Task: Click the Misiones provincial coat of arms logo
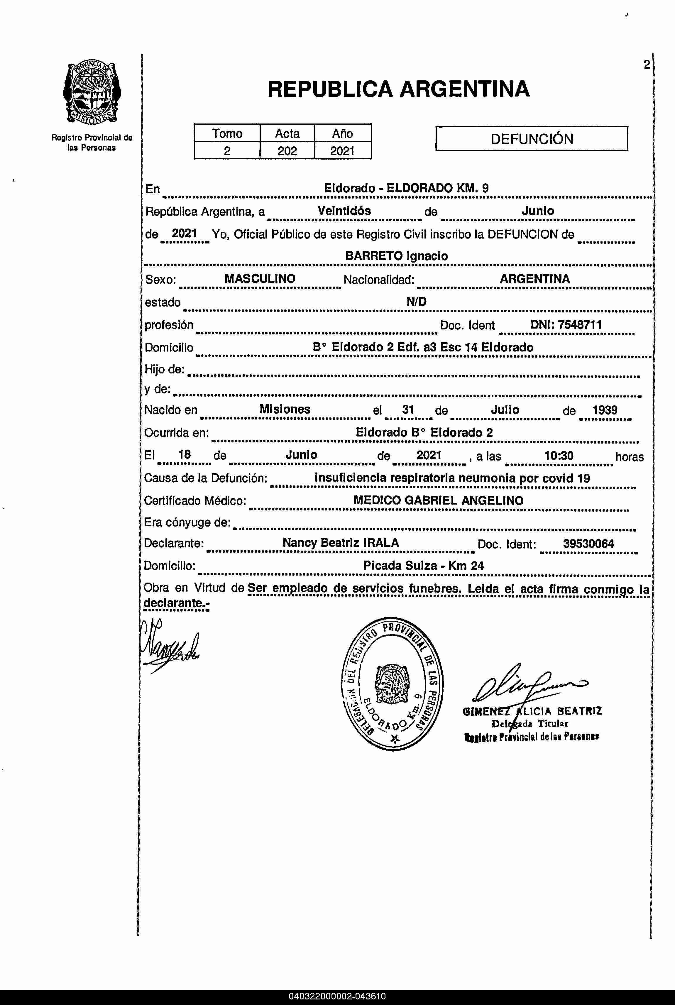(x=92, y=93)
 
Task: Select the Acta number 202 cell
(x=287, y=151)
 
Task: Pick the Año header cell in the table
(x=343, y=133)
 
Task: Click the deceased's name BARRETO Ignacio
(x=397, y=256)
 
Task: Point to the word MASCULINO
(x=260, y=279)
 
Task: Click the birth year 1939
(x=604, y=410)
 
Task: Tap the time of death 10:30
(x=559, y=455)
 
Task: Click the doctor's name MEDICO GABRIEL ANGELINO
(x=438, y=500)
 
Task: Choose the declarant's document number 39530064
(x=588, y=544)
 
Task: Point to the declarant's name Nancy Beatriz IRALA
(x=341, y=543)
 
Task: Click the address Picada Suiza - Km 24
(x=423, y=566)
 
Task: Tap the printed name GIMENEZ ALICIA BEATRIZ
(x=532, y=711)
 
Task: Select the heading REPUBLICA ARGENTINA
(x=398, y=89)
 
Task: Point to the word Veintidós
(x=344, y=211)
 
